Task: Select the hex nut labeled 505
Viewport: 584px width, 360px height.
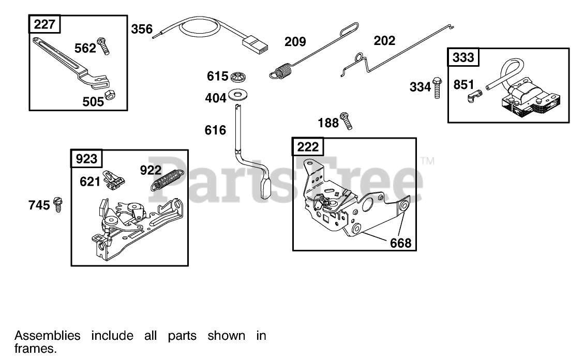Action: pyautogui.click(x=109, y=95)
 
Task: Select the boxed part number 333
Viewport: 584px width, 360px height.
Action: pyautogui.click(x=463, y=57)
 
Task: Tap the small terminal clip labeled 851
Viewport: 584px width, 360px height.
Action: pyautogui.click(x=475, y=96)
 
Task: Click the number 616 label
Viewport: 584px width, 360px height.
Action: pyautogui.click(x=215, y=130)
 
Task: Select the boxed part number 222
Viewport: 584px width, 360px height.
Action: pyautogui.click(x=308, y=147)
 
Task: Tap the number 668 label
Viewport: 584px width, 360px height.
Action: pyautogui.click(x=401, y=242)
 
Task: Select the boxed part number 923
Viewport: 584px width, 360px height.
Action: pyautogui.click(x=86, y=159)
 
